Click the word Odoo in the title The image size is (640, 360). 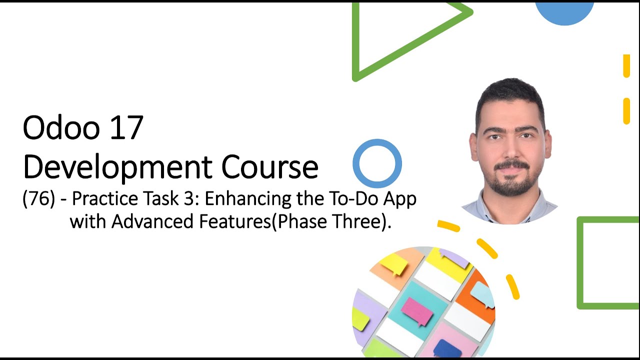tap(53, 128)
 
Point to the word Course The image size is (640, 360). tap(270, 167)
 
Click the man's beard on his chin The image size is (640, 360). tap(510, 187)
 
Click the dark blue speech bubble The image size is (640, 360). tap(447, 347)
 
